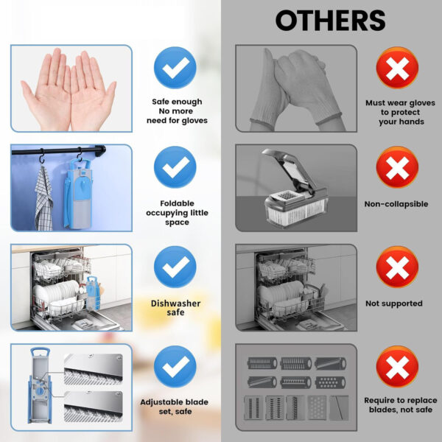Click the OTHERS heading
pos(330,21)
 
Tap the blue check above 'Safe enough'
pos(175,68)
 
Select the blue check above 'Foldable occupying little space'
pos(175,167)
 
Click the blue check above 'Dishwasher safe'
pos(175,267)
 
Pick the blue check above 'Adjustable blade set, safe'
pos(175,366)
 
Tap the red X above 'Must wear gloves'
pos(397,68)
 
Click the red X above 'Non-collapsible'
pos(397,167)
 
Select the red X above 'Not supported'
pos(397,267)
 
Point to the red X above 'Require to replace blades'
pos(397,366)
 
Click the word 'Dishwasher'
pos(175,304)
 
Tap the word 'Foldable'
pos(177,203)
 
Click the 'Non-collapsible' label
pos(396,204)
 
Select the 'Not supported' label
pos(394,304)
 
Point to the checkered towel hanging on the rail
pos(43,199)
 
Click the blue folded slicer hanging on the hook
pos(78,194)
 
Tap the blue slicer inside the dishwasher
pos(93,292)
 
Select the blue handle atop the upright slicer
pos(41,351)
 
